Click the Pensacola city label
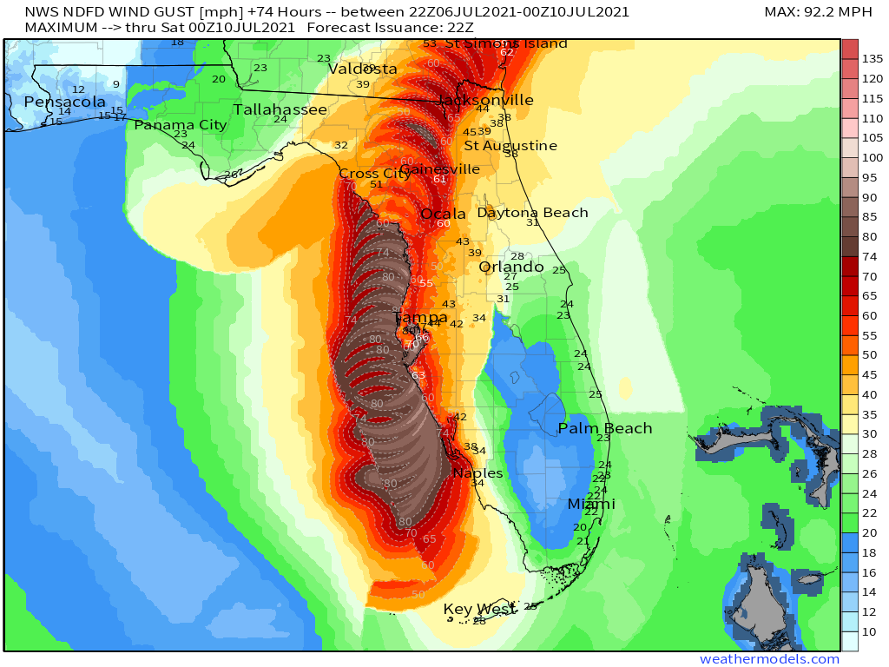click(64, 102)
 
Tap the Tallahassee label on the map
click(280, 109)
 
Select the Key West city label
click(480, 609)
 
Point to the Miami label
click(591, 504)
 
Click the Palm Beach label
click(604, 428)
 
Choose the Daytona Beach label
click(532, 213)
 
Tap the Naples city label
click(478, 473)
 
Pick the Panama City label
click(180, 125)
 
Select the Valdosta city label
click(363, 69)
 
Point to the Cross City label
click(374, 173)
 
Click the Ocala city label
click(443, 215)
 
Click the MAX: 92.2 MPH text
click(818, 12)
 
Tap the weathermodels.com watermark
click(769, 659)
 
